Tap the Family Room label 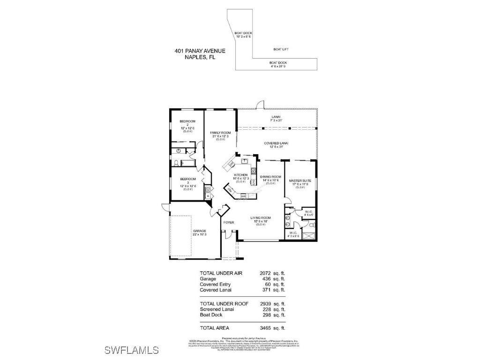point(220,133)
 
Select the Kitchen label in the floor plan point(240,175)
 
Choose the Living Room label point(261,218)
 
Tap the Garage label point(200,231)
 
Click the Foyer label point(228,222)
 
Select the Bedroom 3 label point(188,179)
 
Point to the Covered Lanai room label point(276,143)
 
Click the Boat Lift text point(281,49)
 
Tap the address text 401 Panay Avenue point(200,51)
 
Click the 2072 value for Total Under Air point(265,273)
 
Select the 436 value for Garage point(267,279)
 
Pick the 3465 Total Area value point(265,328)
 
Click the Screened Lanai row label point(217,309)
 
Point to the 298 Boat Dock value point(267,315)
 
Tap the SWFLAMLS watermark point(131,350)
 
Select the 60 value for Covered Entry point(268,285)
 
